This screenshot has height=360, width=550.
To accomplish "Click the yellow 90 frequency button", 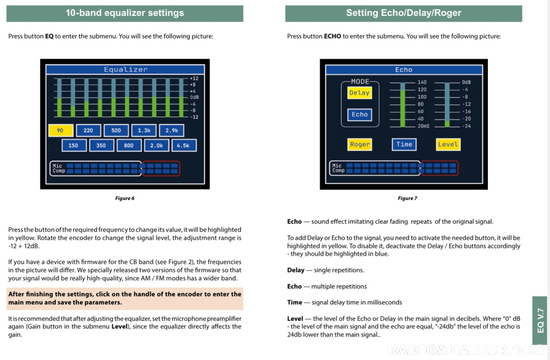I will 61,131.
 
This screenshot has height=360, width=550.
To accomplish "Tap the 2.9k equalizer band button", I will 172,131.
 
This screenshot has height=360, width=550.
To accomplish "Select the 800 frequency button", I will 129,146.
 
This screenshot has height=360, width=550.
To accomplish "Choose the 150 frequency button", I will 74,146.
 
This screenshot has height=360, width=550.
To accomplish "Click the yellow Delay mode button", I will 360,93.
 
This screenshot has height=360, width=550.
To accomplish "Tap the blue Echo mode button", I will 360,115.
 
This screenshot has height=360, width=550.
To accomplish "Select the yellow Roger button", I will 360,145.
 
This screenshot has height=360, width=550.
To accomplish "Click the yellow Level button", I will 448,145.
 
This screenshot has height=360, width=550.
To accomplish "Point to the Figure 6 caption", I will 125,198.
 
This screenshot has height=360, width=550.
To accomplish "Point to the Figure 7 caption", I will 408,198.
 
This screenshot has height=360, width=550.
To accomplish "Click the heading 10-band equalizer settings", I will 125,13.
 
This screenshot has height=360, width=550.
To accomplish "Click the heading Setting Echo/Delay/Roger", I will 404,13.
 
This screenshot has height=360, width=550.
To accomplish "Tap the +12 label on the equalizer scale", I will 194,79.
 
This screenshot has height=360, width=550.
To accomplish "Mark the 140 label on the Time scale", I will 422,82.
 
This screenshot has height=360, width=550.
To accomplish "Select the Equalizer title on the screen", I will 126,70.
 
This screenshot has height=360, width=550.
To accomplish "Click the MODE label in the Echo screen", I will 360,81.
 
